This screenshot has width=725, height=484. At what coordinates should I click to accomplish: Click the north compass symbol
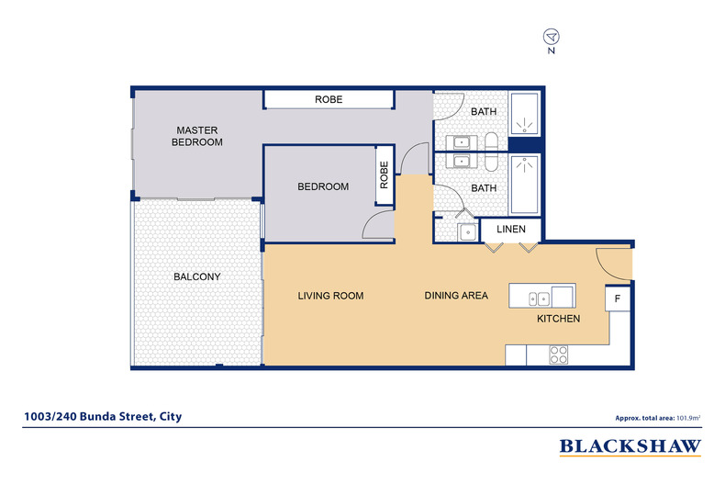coord(552,38)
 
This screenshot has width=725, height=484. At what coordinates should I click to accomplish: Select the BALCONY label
coord(196,276)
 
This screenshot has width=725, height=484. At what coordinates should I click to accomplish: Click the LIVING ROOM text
coord(330,296)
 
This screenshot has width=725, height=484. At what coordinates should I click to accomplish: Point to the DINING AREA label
coord(455,296)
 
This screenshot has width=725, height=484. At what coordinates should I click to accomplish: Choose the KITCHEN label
coord(558,319)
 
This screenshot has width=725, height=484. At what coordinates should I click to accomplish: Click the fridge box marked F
coord(618,299)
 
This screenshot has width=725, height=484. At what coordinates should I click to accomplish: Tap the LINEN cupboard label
coord(511,229)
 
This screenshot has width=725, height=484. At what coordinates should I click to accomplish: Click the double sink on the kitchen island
coord(540,297)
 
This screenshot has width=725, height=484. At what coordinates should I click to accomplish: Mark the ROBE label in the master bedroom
coord(329,99)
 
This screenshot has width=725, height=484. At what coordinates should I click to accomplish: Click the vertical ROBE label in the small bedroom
coord(385,174)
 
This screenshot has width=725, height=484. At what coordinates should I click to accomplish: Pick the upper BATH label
coord(484,112)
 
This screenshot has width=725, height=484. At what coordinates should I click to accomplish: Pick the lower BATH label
coord(484,188)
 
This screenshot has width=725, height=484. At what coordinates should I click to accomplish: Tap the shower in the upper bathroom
coord(526,115)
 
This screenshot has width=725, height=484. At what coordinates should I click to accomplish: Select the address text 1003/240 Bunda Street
coord(102,416)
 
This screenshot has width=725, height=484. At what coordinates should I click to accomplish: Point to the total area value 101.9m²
coord(688,417)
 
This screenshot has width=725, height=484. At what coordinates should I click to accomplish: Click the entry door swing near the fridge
coord(613,264)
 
